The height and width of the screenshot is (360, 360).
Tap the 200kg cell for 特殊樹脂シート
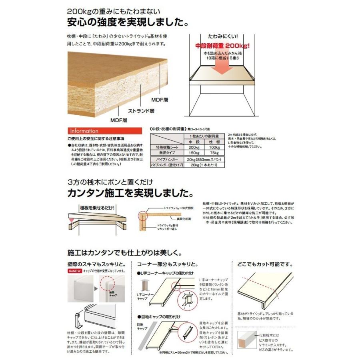[x=194, y=148]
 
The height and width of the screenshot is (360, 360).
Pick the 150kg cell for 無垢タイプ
[x=194, y=153]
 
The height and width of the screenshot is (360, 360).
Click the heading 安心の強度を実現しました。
[x=128, y=22]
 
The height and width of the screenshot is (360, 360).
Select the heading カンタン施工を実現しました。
[x=128, y=194]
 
